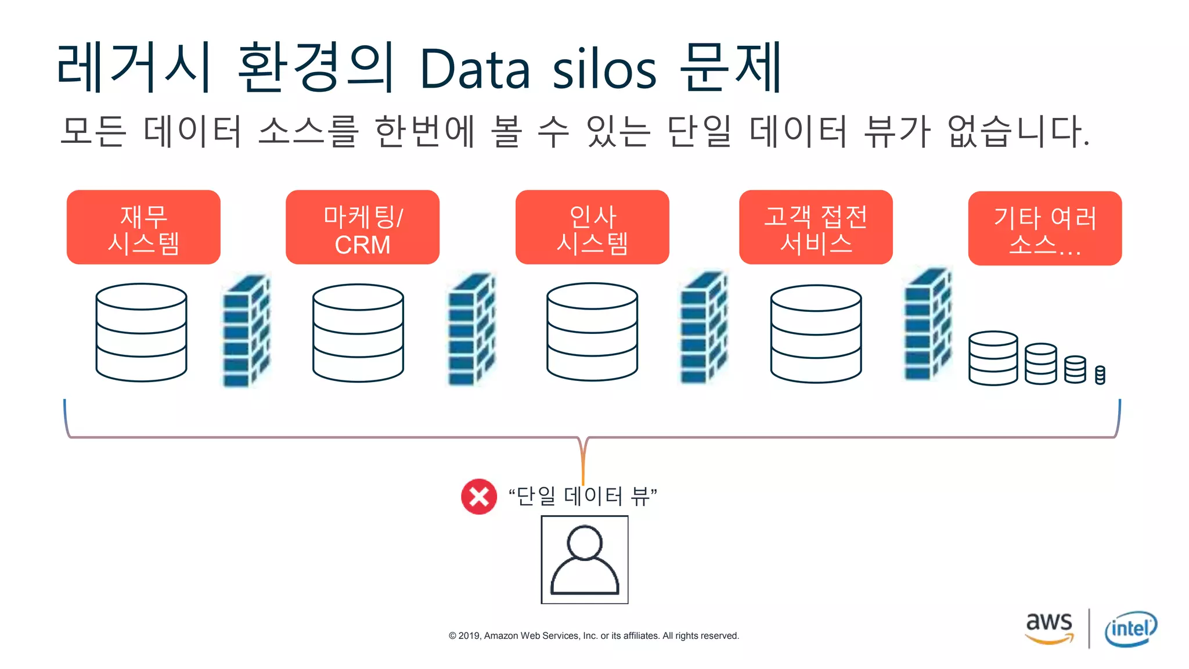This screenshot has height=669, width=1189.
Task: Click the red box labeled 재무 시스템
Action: (143, 227)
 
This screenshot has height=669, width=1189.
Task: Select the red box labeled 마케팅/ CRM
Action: (362, 227)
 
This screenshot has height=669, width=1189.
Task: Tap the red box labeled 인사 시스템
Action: (592, 227)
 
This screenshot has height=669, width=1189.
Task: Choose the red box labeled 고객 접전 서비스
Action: (816, 227)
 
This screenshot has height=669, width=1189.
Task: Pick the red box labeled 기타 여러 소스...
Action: (1045, 228)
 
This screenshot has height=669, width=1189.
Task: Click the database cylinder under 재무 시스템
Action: (141, 332)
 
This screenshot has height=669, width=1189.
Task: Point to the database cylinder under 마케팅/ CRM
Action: (358, 333)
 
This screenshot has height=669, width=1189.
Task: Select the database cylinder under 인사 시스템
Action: (592, 332)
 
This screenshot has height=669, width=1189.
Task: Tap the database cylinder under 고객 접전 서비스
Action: (816, 333)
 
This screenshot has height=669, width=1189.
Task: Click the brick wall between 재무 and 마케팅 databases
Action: (246, 331)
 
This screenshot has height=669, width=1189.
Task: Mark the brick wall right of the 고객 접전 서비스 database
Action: (928, 325)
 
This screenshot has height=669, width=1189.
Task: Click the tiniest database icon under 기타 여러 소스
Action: (1100, 375)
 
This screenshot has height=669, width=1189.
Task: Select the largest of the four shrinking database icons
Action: (993, 358)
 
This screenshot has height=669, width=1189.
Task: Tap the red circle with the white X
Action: (479, 497)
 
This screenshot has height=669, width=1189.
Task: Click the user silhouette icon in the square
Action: (585, 560)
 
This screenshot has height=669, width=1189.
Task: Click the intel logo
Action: (1130, 628)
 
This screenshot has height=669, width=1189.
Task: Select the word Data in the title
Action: (475, 70)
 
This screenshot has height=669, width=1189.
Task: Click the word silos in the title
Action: (604, 70)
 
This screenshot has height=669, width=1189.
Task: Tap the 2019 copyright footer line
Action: (593, 636)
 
